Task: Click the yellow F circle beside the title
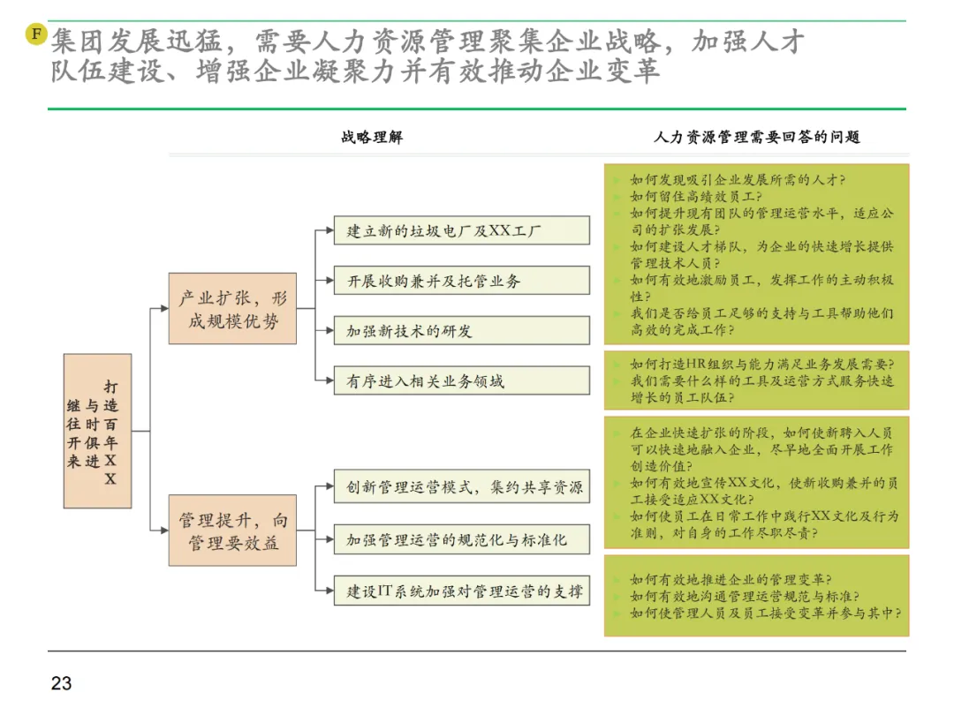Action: (x=36, y=34)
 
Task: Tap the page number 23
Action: (x=61, y=682)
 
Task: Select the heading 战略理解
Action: (x=372, y=137)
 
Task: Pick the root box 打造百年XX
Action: (x=97, y=431)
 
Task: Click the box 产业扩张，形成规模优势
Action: (x=232, y=309)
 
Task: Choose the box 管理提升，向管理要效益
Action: (x=232, y=531)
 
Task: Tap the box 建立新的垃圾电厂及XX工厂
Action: (x=461, y=231)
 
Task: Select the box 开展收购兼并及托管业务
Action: (x=461, y=281)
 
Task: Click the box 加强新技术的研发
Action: (x=461, y=330)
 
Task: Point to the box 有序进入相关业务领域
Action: (x=461, y=380)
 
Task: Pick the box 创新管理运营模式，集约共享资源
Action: (x=461, y=487)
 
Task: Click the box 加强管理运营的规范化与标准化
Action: (x=461, y=538)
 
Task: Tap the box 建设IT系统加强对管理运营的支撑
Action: (x=461, y=591)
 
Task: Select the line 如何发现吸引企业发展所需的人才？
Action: (x=738, y=179)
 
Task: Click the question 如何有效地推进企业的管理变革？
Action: (x=730, y=579)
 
